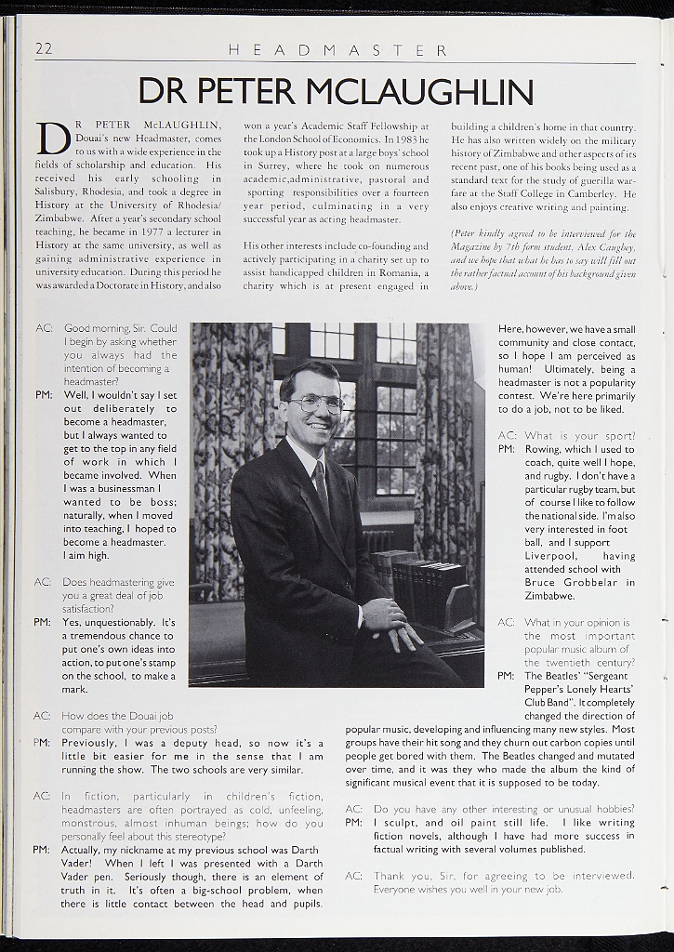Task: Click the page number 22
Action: (x=44, y=49)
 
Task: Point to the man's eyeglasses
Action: (x=316, y=403)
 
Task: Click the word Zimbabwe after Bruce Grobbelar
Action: (x=549, y=595)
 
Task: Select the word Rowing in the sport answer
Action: (x=543, y=449)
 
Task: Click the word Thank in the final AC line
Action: (x=390, y=876)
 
